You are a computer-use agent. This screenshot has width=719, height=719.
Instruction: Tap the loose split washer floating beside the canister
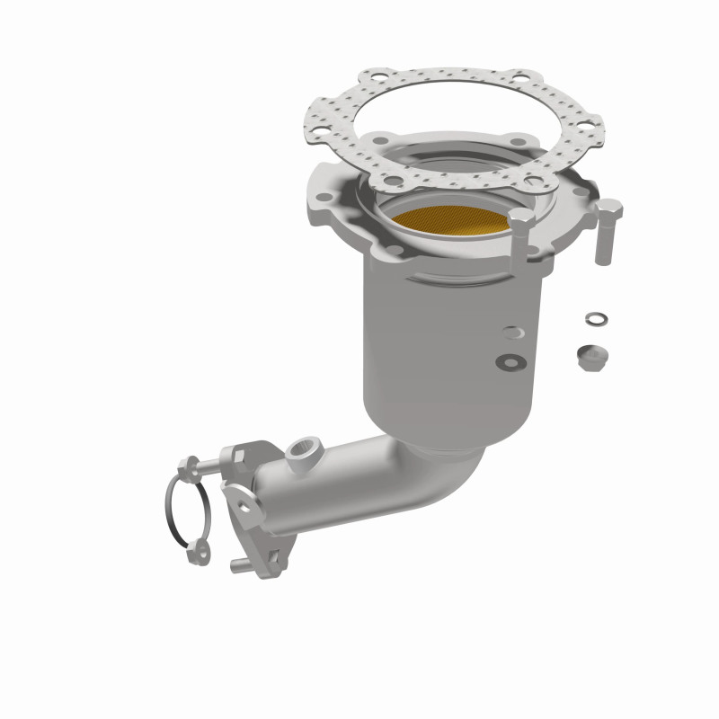click(595, 319)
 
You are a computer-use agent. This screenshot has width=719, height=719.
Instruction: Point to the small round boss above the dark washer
click(511, 332)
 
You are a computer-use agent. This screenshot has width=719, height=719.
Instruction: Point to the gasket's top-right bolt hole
click(521, 80)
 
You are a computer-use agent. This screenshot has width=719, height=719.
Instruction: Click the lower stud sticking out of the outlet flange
click(239, 564)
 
